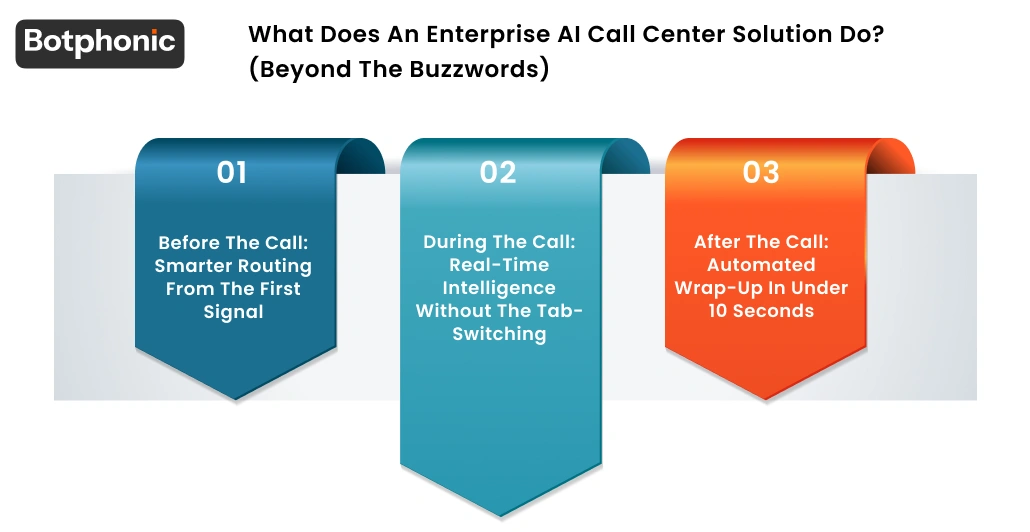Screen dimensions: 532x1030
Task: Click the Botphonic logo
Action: pos(100,43)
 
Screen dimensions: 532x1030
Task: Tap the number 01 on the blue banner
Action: pos(231,173)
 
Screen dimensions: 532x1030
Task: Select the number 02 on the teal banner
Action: pos(498,173)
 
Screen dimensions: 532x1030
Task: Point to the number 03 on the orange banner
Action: pos(761,173)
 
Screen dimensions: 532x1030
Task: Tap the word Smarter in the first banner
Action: pos(192,266)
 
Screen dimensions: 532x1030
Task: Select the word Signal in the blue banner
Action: pos(234,312)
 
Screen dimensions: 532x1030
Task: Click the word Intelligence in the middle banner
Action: pos(499,288)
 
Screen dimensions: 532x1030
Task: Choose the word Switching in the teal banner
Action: pos(499,334)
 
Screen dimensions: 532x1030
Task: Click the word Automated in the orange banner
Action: pos(761,265)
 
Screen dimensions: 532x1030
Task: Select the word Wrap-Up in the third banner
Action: pos(715,288)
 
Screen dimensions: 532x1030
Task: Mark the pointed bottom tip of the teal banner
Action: pos(499,516)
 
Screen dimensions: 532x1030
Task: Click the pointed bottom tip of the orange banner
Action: pos(765,399)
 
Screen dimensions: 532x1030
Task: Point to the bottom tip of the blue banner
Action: pos(236,399)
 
